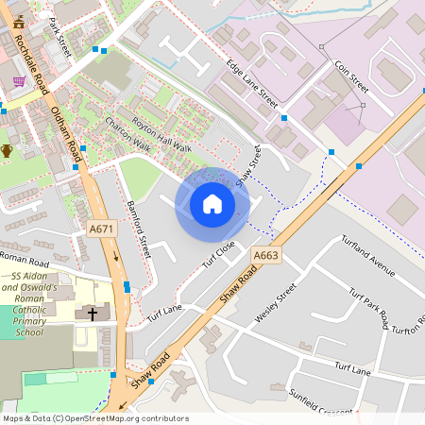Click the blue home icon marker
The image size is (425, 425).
coord(212,204)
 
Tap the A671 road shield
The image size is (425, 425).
coord(103,228)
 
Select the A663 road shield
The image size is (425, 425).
coord(265,255)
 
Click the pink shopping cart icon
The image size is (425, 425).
coord(19,81)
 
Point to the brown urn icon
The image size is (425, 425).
coord(8,150)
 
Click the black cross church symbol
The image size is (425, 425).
coord(93,313)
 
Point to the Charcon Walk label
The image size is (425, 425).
coord(127,134)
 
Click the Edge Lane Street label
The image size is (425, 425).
coord(252,82)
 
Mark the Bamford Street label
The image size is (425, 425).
coord(138,229)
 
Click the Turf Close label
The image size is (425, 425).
coord(218,253)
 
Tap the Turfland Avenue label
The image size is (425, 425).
coord(367,255)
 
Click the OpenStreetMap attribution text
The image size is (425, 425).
coord(94,418)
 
